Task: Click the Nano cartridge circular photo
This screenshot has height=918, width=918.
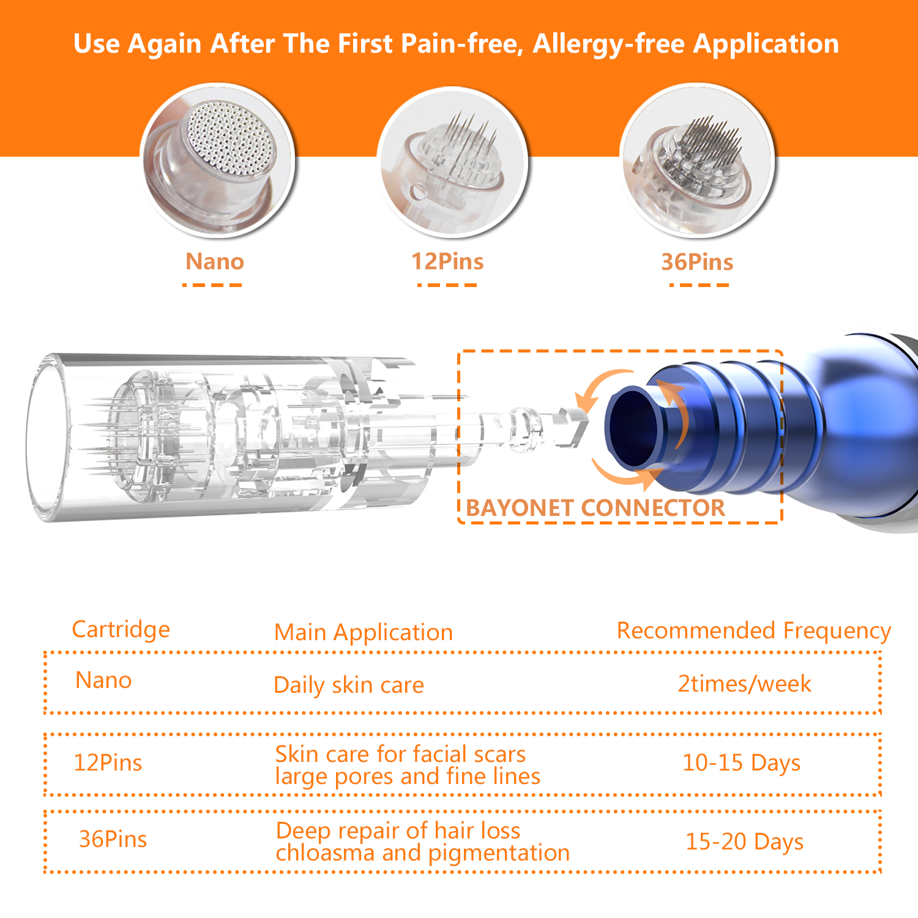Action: (x=217, y=160)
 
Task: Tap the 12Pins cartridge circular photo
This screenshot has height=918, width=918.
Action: (x=452, y=162)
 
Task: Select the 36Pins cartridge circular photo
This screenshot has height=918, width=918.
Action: (x=697, y=160)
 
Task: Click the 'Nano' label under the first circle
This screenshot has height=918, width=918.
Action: (x=215, y=261)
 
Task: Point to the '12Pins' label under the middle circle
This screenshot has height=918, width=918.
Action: (x=447, y=261)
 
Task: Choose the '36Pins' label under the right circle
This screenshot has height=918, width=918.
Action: (x=697, y=262)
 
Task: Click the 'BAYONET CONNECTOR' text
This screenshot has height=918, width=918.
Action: (x=595, y=508)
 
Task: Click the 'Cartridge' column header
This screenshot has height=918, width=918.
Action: (x=121, y=629)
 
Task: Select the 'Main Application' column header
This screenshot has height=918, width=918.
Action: (x=364, y=632)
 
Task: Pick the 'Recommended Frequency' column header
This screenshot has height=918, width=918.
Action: (x=753, y=630)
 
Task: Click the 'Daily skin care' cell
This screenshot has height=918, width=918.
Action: (x=348, y=685)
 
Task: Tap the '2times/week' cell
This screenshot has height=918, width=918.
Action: (x=744, y=684)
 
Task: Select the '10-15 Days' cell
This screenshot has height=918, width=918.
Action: (x=741, y=763)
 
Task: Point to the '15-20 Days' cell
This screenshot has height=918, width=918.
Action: (x=744, y=841)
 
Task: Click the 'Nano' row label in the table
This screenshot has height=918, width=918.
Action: (x=103, y=681)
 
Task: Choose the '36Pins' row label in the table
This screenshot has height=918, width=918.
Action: (x=113, y=839)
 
